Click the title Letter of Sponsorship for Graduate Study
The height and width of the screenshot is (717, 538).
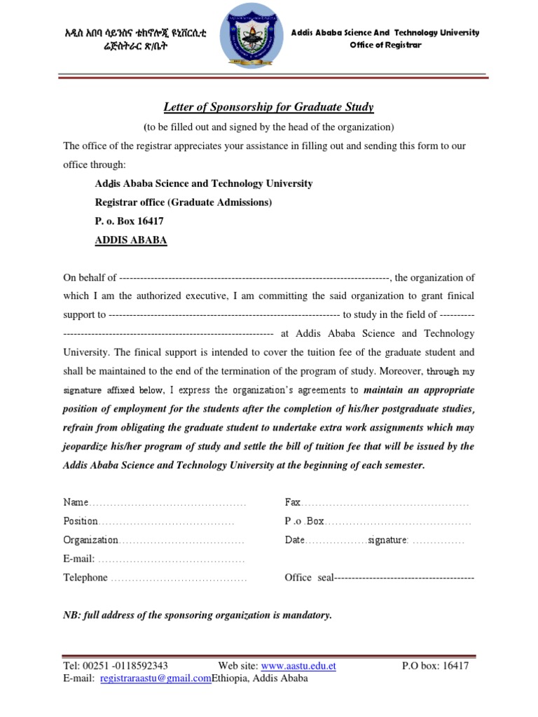(x=268, y=107)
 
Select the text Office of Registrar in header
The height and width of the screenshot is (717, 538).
(x=385, y=46)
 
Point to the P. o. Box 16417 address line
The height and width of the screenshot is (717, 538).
(x=130, y=221)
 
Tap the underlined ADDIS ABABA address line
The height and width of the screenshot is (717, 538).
(x=131, y=239)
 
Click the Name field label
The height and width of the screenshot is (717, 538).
(x=76, y=503)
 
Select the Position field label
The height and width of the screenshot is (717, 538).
(x=81, y=522)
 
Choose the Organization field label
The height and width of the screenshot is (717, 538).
(x=91, y=541)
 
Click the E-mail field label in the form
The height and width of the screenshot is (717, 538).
(x=78, y=559)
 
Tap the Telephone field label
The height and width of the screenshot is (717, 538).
(x=85, y=578)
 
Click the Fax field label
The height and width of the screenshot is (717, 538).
(x=292, y=503)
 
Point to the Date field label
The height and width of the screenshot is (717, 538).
(x=295, y=541)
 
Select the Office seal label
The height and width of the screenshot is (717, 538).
(x=308, y=578)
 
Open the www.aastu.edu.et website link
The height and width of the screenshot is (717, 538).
(x=298, y=666)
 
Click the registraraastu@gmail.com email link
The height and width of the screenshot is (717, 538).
(x=156, y=678)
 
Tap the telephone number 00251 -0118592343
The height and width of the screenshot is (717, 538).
(x=125, y=666)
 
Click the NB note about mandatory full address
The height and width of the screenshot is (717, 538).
(x=198, y=615)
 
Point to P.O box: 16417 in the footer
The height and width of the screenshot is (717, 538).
(x=435, y=666)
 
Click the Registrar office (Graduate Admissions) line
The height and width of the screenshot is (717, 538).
(x=184, y=202)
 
